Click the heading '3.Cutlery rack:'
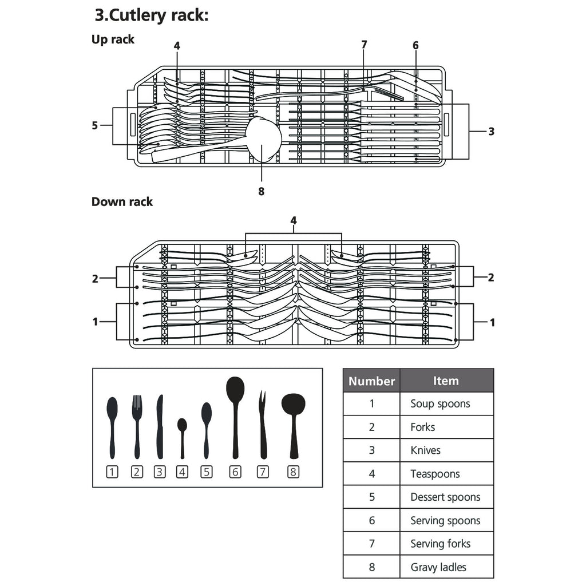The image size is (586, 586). point(152,15)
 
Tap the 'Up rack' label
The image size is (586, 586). point(113,39)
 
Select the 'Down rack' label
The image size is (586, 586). point(122,201)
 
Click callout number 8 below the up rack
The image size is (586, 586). point(262,192)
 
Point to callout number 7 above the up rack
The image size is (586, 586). point(364,45)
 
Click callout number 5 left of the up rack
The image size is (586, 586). point(95,125)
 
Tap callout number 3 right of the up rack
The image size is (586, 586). point(491,131)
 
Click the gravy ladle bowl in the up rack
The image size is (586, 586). point(264,138)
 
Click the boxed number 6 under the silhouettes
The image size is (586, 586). point(235,472)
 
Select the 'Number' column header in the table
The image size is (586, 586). point(371,381)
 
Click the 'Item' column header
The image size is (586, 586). point(446,381)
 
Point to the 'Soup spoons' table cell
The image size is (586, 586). point(440,403)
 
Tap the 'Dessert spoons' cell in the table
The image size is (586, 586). point(445,497)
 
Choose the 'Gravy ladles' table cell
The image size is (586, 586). point(438,567)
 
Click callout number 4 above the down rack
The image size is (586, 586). point(294,220)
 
